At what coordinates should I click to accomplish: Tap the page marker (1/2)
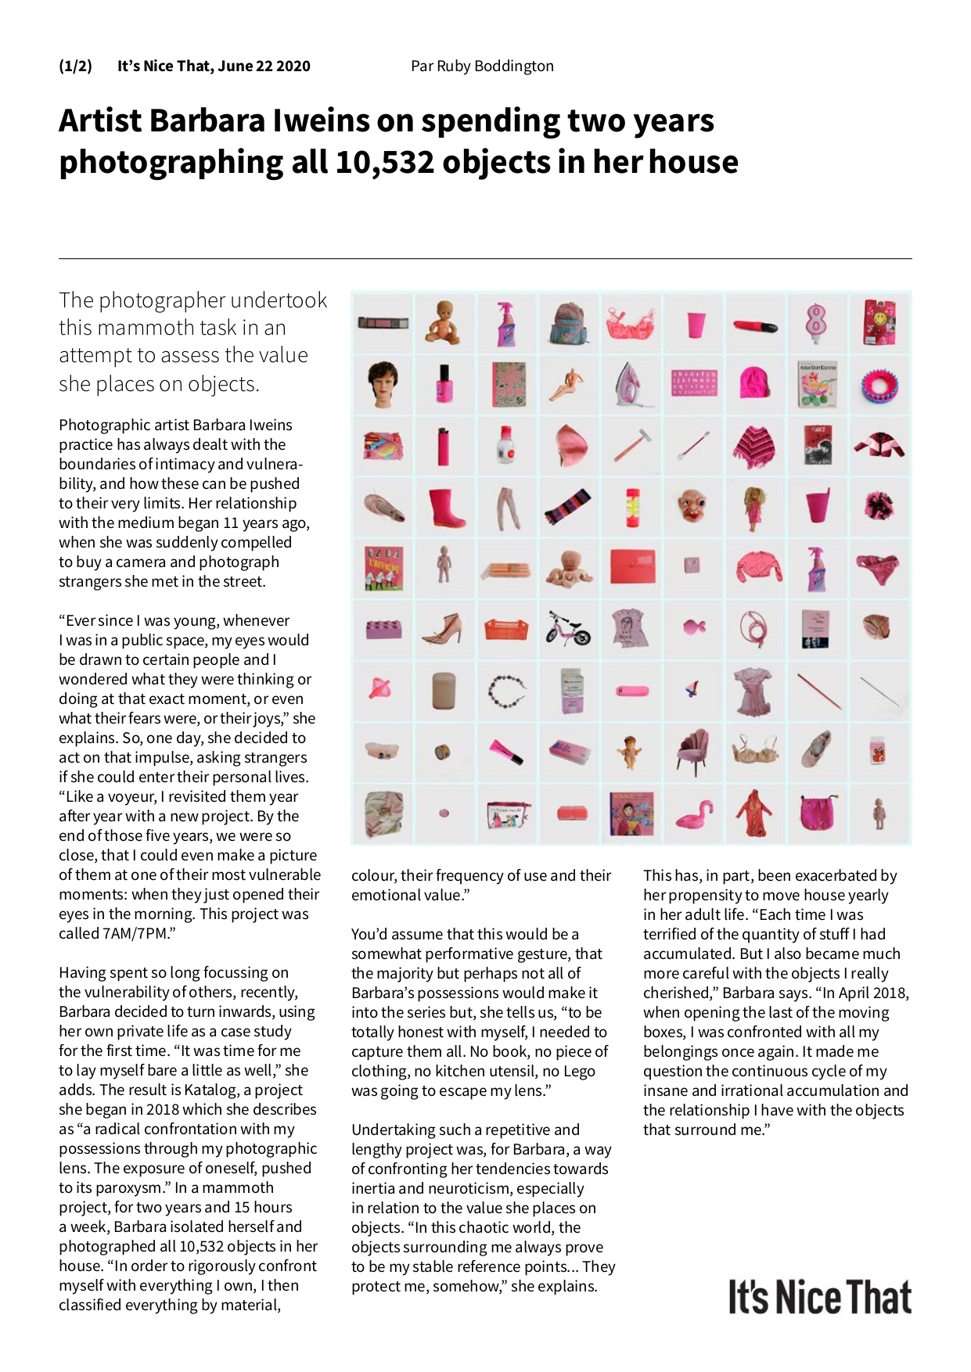click(75, 66)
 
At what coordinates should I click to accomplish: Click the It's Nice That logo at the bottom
click(819, 1298)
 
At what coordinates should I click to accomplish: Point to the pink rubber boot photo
click(446, 506)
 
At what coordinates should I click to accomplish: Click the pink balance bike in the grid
click(568, 628)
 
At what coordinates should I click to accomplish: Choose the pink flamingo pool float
click(693, 815)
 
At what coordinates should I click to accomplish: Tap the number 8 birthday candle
click(816, 322)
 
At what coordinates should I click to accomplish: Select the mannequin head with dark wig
click(383, 383)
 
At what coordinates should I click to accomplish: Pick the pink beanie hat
click(754, 383)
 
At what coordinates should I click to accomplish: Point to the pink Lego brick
click(383, 628)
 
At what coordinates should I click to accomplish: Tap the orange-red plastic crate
click(506, 628)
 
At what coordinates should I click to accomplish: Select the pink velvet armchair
click(693, 752)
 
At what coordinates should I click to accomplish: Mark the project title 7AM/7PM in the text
click(135, 933)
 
